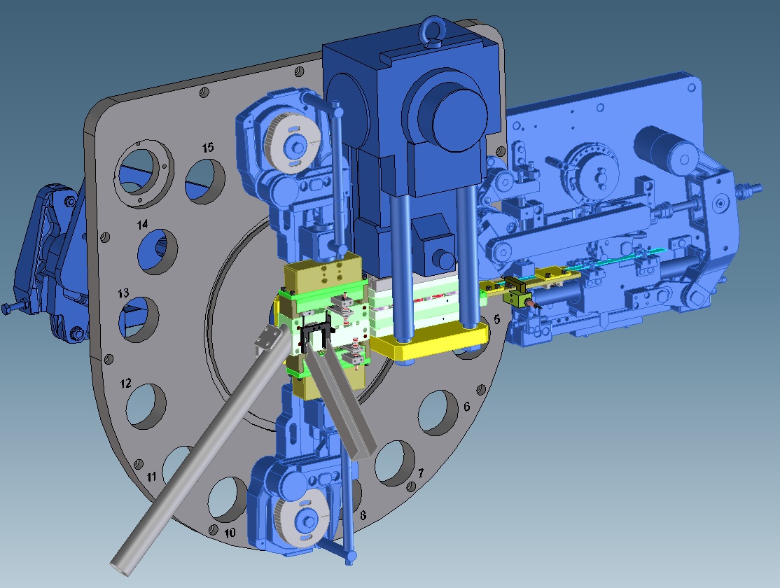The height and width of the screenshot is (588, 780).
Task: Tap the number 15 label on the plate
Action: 208,147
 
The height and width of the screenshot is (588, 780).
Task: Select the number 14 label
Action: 143,225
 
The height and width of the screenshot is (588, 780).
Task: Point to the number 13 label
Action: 124,293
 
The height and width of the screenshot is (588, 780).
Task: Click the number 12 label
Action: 126,383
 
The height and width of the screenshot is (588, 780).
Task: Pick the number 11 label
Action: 151,477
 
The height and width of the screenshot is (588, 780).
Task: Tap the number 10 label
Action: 230,533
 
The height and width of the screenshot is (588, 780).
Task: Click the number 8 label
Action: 363,515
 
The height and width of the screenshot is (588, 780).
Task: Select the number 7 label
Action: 421,472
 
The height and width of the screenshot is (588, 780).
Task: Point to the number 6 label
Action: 466,407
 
